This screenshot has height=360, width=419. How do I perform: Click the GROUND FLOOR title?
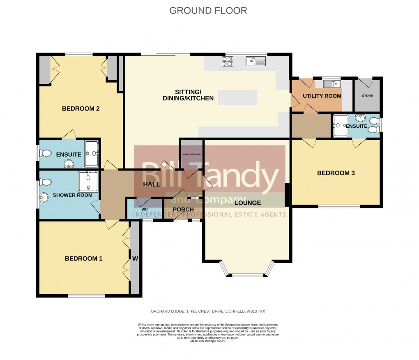pos(208,11)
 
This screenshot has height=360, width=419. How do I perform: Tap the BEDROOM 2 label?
pos(81,109)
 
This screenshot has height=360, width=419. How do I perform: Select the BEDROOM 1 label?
pos(83,258)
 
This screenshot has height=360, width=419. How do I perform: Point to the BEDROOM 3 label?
pos(336,173)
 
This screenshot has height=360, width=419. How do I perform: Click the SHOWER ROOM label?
pos(73,195)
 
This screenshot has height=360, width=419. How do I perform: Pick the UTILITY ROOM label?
pos(322,96)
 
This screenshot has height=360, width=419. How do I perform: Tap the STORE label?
pos(368,96)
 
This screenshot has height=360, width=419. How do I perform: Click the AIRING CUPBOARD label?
pos(191,154)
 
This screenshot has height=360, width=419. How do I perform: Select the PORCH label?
pos(183,210)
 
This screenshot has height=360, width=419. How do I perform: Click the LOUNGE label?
pos(248,203)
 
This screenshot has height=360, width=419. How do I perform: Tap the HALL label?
pos(151,185)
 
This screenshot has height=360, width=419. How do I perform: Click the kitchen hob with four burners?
pos(227,61)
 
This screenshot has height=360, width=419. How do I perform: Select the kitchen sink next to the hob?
pos(256,61)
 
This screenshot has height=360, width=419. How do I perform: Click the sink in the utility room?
pos(332,84)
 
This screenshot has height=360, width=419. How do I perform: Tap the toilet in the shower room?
pos(45,182)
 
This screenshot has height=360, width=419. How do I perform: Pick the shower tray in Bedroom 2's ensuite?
pos(91,154)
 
